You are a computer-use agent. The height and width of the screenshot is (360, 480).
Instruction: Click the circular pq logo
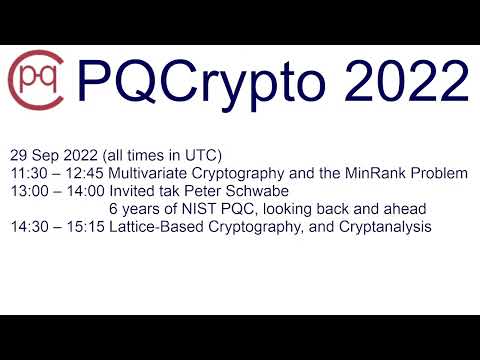(x=36, y=76)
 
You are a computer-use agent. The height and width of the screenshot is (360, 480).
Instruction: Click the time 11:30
(x=27, y=174)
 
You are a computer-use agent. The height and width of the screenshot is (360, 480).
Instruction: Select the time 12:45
(x=82, y=174)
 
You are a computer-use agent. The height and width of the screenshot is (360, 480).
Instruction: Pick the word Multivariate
(x=151, y=174)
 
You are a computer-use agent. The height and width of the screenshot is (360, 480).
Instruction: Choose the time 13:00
(x=27, y=192)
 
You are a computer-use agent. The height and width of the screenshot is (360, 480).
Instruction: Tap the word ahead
(x=405, y=210)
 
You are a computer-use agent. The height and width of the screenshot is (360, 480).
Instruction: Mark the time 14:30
(x=27, y=228)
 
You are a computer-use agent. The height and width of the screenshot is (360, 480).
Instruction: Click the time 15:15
(x=82, y=228)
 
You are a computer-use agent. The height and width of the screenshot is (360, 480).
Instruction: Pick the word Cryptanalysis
(x=385, y=228)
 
